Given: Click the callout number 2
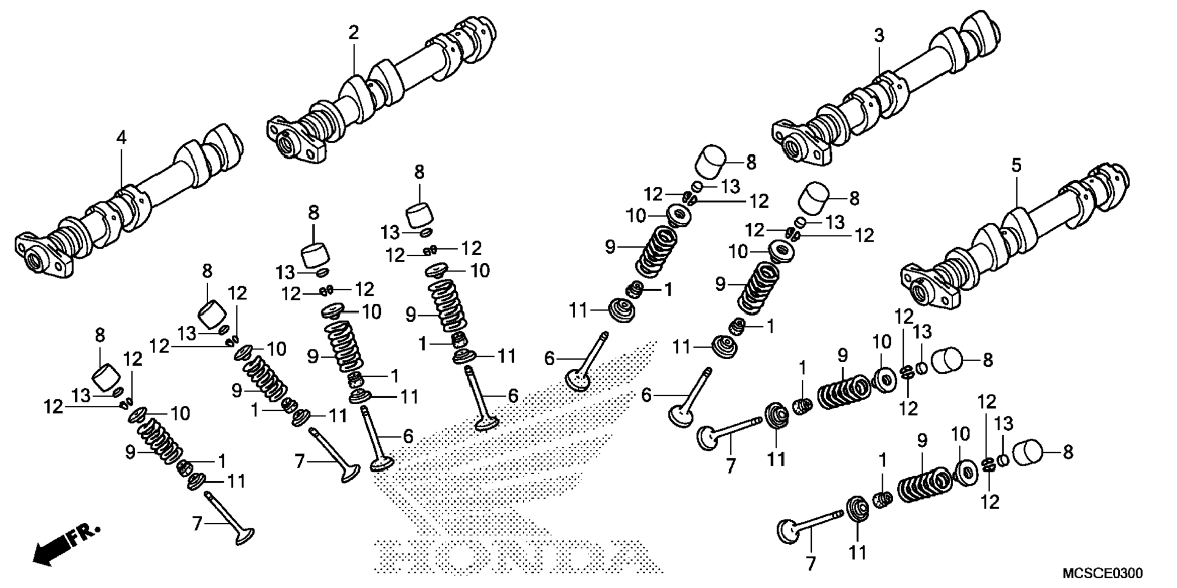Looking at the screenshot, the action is (354, 33).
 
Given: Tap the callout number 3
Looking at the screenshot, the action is (879, 36).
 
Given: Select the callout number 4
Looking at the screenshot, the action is (122, 138).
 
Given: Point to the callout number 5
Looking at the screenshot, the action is (1016, 165).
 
